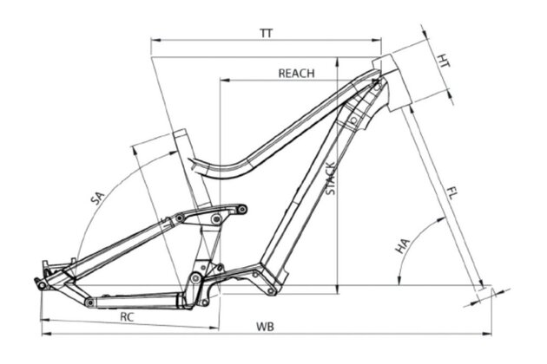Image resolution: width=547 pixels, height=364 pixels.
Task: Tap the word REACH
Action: pos(295,73)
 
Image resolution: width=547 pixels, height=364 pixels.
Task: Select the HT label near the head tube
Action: pos(444,62)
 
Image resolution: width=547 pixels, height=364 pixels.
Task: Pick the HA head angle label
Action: pos(403,247)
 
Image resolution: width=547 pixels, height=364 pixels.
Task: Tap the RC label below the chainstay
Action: pos(127,317)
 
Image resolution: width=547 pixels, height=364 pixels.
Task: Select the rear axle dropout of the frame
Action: pos(41,282)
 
